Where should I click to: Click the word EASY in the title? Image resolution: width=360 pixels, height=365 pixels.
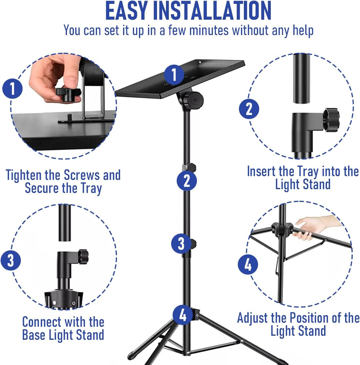tap(126, 11)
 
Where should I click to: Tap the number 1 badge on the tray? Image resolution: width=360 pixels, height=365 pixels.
tap(174, 74)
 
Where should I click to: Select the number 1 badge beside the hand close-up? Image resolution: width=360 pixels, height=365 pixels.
tap(12, 89)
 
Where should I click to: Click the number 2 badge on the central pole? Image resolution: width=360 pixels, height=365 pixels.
tap(187, 181)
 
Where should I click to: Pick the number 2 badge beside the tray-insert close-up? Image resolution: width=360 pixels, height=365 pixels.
tap(249, 109)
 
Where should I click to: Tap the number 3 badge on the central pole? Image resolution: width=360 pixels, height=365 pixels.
tap(181, 243)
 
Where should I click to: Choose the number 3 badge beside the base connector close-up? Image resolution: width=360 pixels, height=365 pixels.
tap(11, 260)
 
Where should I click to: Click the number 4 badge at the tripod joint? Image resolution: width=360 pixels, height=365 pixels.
tap(183, 315)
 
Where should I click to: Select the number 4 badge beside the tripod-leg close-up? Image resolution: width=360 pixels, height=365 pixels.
tap(248, 264)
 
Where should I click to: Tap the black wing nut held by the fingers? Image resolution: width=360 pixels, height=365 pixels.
tap(67, 94)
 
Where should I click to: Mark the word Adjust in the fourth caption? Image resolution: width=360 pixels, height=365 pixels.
tap(253, 318)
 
